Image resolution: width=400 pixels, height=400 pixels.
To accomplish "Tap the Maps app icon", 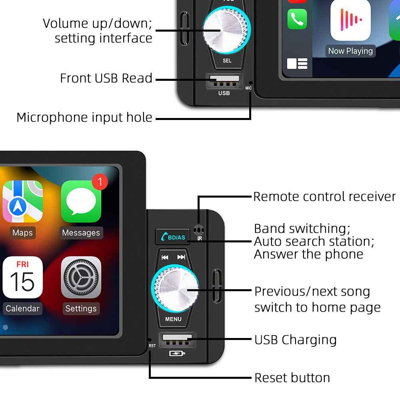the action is click(x=22, y=201).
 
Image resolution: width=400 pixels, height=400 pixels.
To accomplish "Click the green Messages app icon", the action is click(x=81, y=201).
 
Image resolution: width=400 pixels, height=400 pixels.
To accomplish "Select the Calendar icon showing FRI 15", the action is click(x=22, y=277).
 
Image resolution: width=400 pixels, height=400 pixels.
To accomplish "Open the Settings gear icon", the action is click(x=81, y=277).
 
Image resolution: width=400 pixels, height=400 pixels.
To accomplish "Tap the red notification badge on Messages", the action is click(x=100, y=182).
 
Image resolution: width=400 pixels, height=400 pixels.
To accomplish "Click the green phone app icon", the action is click(x=297, y=19).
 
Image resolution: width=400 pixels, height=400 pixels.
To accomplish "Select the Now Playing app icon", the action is click(x=350, y=20).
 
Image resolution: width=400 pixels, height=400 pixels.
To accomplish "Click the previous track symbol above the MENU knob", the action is click(x=165, y=257).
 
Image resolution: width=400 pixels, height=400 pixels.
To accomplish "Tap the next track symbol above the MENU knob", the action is click(x=181, y=257).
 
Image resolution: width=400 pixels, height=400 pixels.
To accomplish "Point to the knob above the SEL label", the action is click(x=227, y=30).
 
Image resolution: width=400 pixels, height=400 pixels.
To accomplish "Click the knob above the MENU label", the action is click(x=175, y=288).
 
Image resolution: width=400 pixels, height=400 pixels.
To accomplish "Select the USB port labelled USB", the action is click(x=224, y=81).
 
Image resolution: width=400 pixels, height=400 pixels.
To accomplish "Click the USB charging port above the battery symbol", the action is click(x=177, y=340).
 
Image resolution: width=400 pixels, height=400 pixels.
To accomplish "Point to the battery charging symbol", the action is click(x=177, y=353).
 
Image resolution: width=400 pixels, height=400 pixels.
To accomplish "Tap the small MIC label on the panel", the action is click(x=248, y=88).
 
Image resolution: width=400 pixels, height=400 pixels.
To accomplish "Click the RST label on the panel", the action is click(x=152, y=346).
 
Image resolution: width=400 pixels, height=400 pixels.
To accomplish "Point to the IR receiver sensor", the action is click(x=199, y=230).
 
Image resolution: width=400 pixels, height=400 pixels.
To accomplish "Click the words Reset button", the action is click(x=292, y=378).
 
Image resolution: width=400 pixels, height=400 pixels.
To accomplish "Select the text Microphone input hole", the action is click(x=84, y=118).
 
